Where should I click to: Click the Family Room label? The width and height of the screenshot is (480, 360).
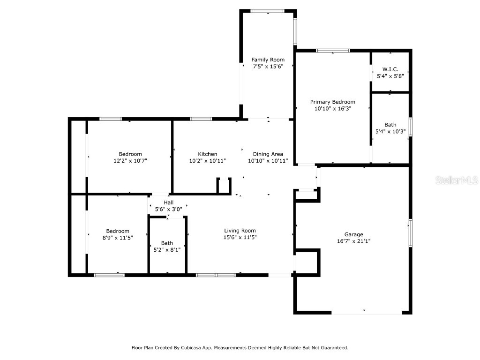pyautogui.click(x=268, y=60)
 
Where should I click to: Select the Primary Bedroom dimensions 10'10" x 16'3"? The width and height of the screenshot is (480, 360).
pyautogui.click(x=332, y=108)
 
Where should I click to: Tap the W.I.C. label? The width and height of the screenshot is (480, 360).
pyautogui.click(x=390, y=69)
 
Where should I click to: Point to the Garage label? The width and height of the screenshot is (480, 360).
pyautogui.click(x=353, y=234)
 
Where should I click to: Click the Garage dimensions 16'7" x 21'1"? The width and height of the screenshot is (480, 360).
pyautogui.click(x=353, y=241)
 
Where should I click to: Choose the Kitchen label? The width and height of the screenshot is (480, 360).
pyautogui.click(x=207, y=154)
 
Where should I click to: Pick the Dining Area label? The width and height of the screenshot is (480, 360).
pyautogui.click(x=268, y=154)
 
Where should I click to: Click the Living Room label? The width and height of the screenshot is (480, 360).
pyautogui.click(x=240, y=230)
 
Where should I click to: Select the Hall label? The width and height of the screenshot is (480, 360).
pyautogui.click(x=168, y=202)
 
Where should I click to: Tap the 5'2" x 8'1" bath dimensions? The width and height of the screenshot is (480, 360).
pyautogui.click(x=167, y=249)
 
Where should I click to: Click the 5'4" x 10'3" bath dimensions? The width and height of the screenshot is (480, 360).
pyautogui.click(x=390, y=131)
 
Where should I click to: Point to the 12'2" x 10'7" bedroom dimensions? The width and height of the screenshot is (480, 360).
pyautogui.click(x=130, y=160)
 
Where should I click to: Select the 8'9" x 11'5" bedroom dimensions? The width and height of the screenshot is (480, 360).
pyautogui.click(x=117, y=238)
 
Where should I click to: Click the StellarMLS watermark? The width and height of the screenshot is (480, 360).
pyautogui.click(x=457, y=180)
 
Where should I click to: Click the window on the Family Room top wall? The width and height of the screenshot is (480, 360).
pyautogui.click(x=267, y=11)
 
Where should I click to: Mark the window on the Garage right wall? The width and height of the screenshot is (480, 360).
pyautogui.click(x=410, y=232)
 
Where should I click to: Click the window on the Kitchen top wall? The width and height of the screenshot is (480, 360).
pyautogui.click(x=201, y=119)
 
